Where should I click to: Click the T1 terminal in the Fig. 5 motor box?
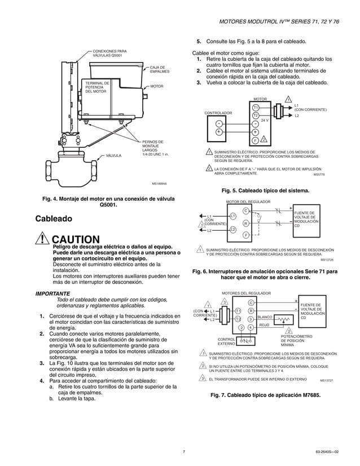(x=256, y=107)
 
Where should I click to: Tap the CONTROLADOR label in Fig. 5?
(x=218, y=113)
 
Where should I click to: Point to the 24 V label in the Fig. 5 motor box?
(x=265, y=120)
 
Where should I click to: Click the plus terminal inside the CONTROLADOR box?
(x=218, y=133)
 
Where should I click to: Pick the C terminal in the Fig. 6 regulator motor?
(x=245, y=211)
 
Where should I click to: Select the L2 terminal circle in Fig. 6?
(x=232, y=229)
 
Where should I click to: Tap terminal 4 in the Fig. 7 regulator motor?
(x=251, y=327)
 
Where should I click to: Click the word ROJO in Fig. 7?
(x=264, y=326)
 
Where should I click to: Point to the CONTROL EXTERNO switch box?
(x=245, y=340)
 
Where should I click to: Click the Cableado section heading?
(x=54, y=218)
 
